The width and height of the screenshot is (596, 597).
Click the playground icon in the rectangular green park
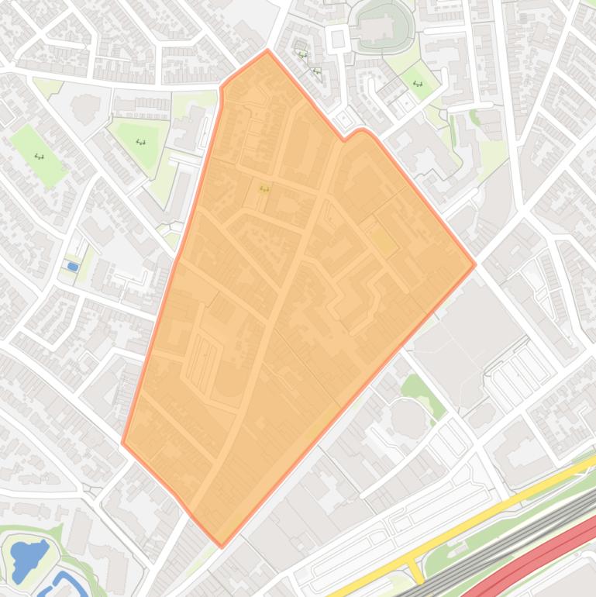pyautogui.click(x=40, y=157)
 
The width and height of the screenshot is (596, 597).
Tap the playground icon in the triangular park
pyautogui.click(x=141, y=142)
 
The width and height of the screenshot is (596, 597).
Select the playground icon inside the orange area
pyautogui.click(x=264, y=188)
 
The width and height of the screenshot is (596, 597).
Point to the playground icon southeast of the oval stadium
pyautogui.click(x=418, y=84)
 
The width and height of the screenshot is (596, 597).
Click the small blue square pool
pyautogui.click(x=72, y=267)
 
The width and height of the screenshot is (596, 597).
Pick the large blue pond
pyautogui.click(x=28, y=560)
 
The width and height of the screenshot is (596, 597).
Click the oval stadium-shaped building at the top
pyautogui.click(x=380, y=26)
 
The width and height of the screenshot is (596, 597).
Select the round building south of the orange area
pyautogui.click(x=408, y=417)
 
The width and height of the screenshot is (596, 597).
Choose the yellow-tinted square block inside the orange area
pyautogui.click(x=382, y=241)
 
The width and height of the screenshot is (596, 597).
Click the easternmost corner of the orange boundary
pyautogui.click(x=474, y=264)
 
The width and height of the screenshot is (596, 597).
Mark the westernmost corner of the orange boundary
pyautogui.click(x=123, y=443)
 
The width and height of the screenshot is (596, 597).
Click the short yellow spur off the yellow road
pyautogui.click(x=416, y=572)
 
